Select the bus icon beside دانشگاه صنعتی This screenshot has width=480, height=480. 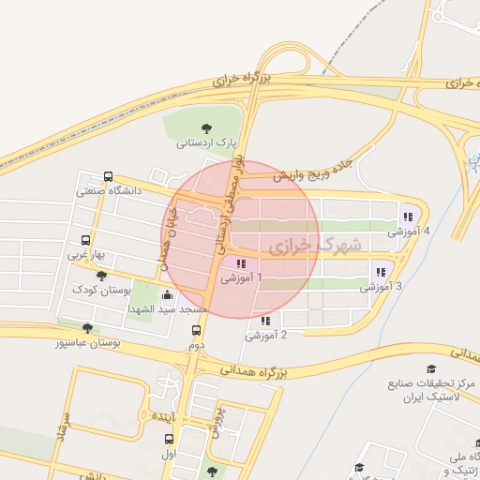pos(109,175)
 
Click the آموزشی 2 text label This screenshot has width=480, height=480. pos(266,335)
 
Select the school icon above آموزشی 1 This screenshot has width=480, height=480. pos(241,264)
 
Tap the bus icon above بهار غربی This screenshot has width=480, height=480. pos(86,239)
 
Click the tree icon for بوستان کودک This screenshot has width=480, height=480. pos(101,275)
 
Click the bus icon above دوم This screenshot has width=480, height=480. pos(196,330)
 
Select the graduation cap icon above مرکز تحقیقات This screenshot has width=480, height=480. pos(431,368)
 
